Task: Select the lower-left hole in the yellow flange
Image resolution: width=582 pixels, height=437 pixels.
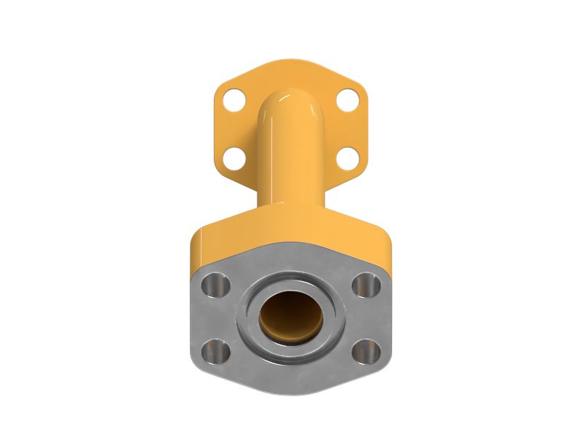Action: pyautogui.click(x=234, y=157)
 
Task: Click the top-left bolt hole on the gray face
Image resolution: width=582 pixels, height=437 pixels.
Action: pyautogui.click(x=215, y=286)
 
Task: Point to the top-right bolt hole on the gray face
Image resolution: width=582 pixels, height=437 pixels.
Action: pyautogui.click(x=365, y=286)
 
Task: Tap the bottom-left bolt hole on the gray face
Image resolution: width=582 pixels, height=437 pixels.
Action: pyautogui.click(x=217, y=352)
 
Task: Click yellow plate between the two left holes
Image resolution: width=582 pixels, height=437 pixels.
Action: pyautogui.click(x=231, y=128)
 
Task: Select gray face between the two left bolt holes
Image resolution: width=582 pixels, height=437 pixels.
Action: pyautogui.click(x=215, y=319)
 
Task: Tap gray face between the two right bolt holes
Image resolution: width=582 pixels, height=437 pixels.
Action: pyautogui.click(x=366, y=319)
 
